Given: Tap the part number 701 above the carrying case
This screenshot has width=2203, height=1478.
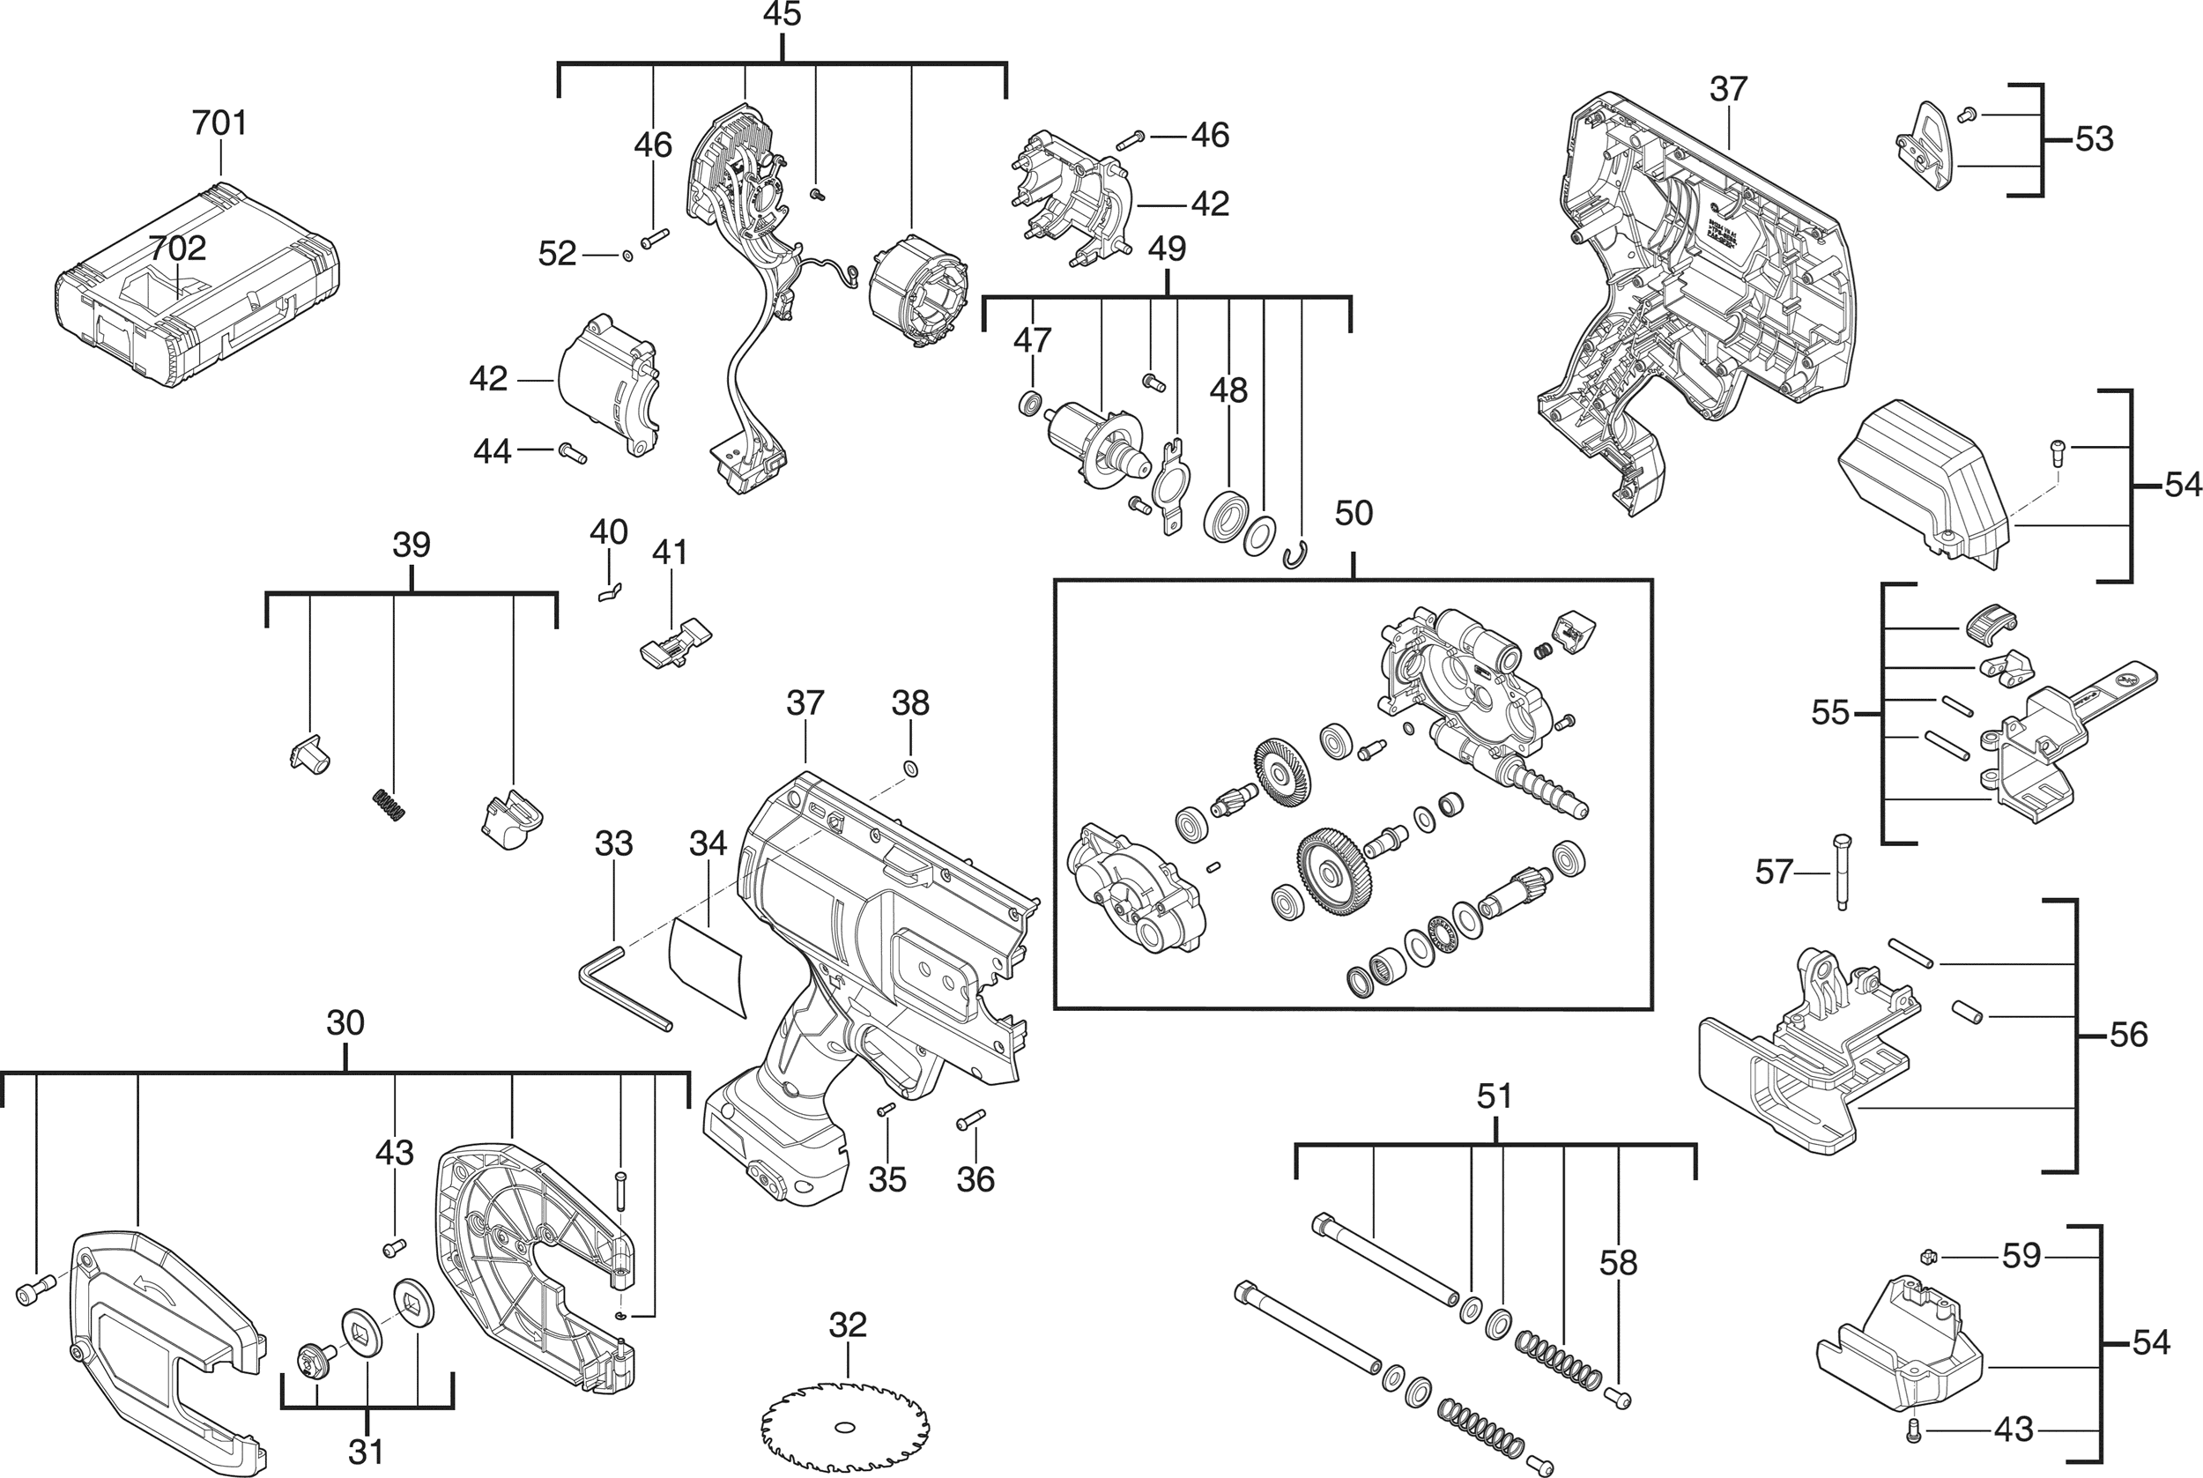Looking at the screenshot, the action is (219, 123).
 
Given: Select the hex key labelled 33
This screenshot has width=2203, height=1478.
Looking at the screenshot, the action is (623, 989).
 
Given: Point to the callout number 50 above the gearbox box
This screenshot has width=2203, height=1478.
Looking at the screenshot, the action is (1354, 513).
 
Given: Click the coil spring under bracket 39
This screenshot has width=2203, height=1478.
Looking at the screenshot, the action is (386, 805).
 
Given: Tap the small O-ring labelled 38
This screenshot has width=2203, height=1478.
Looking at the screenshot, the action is (911, 769).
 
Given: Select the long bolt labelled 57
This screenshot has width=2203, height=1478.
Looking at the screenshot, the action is (1839, 872).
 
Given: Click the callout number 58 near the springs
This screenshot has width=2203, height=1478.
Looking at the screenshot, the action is (1618, 1263).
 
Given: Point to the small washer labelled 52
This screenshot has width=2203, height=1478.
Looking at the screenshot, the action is (628, 255).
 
